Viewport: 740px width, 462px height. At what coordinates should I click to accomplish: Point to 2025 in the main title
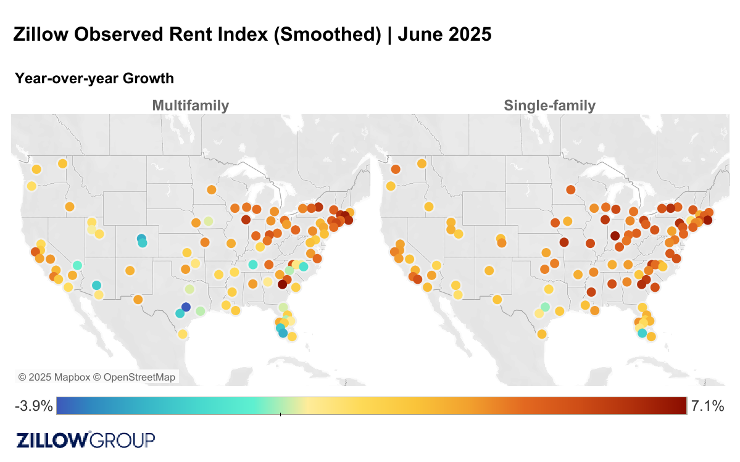tap(470, 34)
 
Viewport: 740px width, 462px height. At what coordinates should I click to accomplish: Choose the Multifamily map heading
tap(190, 105)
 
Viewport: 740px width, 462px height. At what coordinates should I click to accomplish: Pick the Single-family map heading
tap(549, 105)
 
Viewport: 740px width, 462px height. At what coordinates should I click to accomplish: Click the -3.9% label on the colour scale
tap(33, 406)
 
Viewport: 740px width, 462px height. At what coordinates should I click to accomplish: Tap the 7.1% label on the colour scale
tap(707, 406)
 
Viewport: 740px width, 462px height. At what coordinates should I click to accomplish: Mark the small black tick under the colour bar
tap(280, 415)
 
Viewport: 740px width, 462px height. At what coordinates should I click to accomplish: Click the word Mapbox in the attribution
tap(69, 377)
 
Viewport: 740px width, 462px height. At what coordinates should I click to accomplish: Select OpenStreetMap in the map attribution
tap(139, 377)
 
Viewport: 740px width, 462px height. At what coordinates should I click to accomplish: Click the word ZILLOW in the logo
tap(52, 440)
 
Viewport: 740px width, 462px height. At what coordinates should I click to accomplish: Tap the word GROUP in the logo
tap(123, 440)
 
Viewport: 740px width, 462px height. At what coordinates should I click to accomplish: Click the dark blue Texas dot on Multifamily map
tap(186, 307)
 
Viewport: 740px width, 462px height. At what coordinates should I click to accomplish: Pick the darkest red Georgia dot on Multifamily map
tap(282, 284)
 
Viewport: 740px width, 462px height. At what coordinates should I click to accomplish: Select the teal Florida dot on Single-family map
tap(642, 333)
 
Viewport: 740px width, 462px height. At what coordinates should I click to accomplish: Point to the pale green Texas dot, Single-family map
tap(545, 307)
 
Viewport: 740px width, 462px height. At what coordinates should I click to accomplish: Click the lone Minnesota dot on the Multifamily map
tap(211, 190)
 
